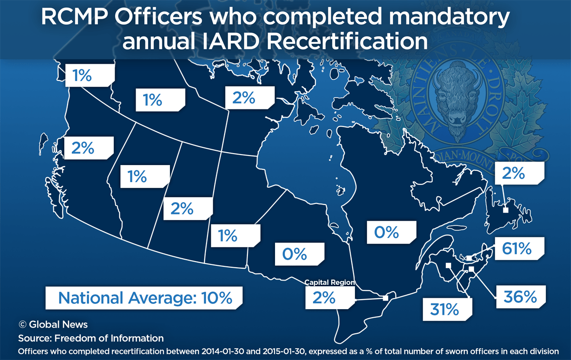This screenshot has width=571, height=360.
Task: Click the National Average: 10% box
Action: coord(145,298)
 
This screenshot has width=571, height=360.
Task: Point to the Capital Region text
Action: coord(330,282)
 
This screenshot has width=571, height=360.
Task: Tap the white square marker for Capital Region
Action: coord(385,298)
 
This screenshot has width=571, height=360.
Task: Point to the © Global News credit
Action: coord(53,324)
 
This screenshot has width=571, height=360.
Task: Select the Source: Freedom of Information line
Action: coord(91,338)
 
